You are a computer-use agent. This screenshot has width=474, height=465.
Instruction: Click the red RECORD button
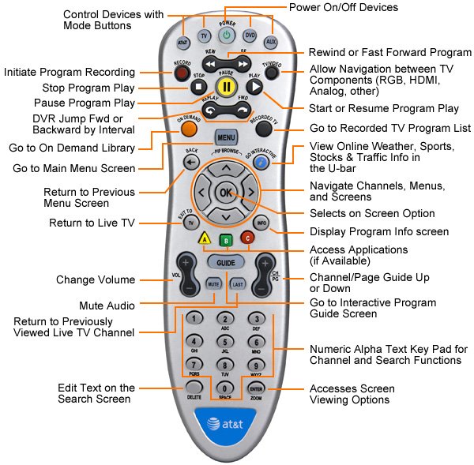[x=182, y=73]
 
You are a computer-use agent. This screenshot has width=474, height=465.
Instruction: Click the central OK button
[x=227, y=192]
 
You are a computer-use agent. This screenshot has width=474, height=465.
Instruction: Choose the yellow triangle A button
[x=203, y=238]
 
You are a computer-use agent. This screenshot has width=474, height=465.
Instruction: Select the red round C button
[x=247, y=238]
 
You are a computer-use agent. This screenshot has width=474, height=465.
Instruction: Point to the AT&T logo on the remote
[x=227, y=423]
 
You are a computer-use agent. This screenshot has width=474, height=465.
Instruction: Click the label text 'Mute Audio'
[x=106, y=305]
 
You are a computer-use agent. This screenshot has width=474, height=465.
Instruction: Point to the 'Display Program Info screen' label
[x=378, y=231]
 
